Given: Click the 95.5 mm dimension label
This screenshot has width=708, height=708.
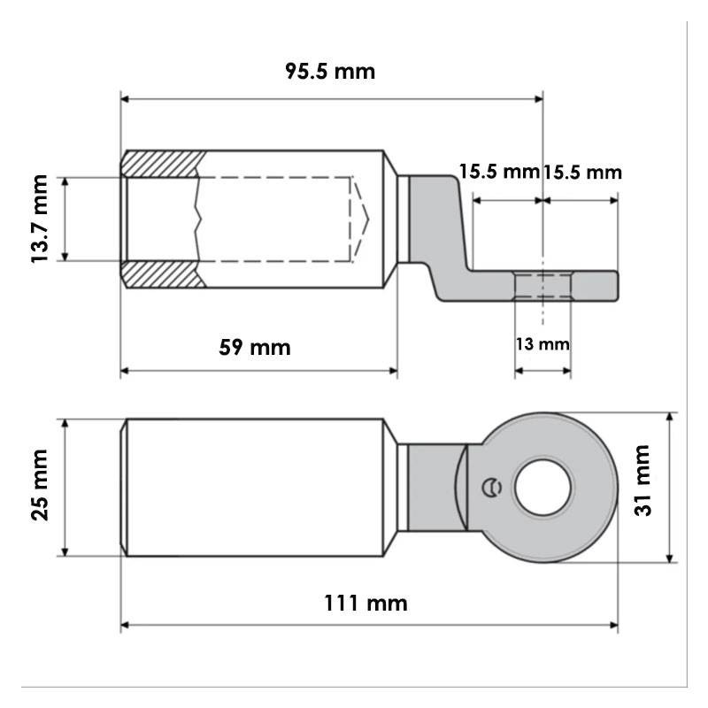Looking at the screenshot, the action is coord(330,72).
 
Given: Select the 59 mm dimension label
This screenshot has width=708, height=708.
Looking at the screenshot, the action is coord(255,347).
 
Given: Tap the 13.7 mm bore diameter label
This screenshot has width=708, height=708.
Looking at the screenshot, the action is coord(40,219).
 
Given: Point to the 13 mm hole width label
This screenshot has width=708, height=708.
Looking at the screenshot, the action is coord(543,344).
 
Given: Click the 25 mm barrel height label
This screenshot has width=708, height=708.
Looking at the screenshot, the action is coord(40,485).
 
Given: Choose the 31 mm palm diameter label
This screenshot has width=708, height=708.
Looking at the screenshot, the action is coord(643,480).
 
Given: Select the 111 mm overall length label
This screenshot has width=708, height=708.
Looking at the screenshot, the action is coord(366,603).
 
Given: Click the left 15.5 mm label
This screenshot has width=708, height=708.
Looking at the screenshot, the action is coord(499,172).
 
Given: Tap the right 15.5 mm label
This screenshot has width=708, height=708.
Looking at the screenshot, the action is coord(582,173).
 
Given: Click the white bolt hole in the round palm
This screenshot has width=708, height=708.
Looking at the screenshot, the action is coord(543,488).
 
